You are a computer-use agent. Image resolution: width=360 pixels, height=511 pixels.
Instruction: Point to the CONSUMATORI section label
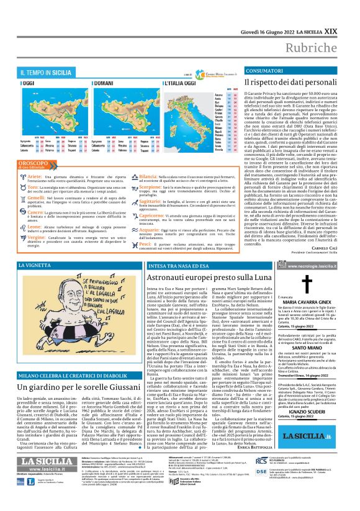point(264,71)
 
